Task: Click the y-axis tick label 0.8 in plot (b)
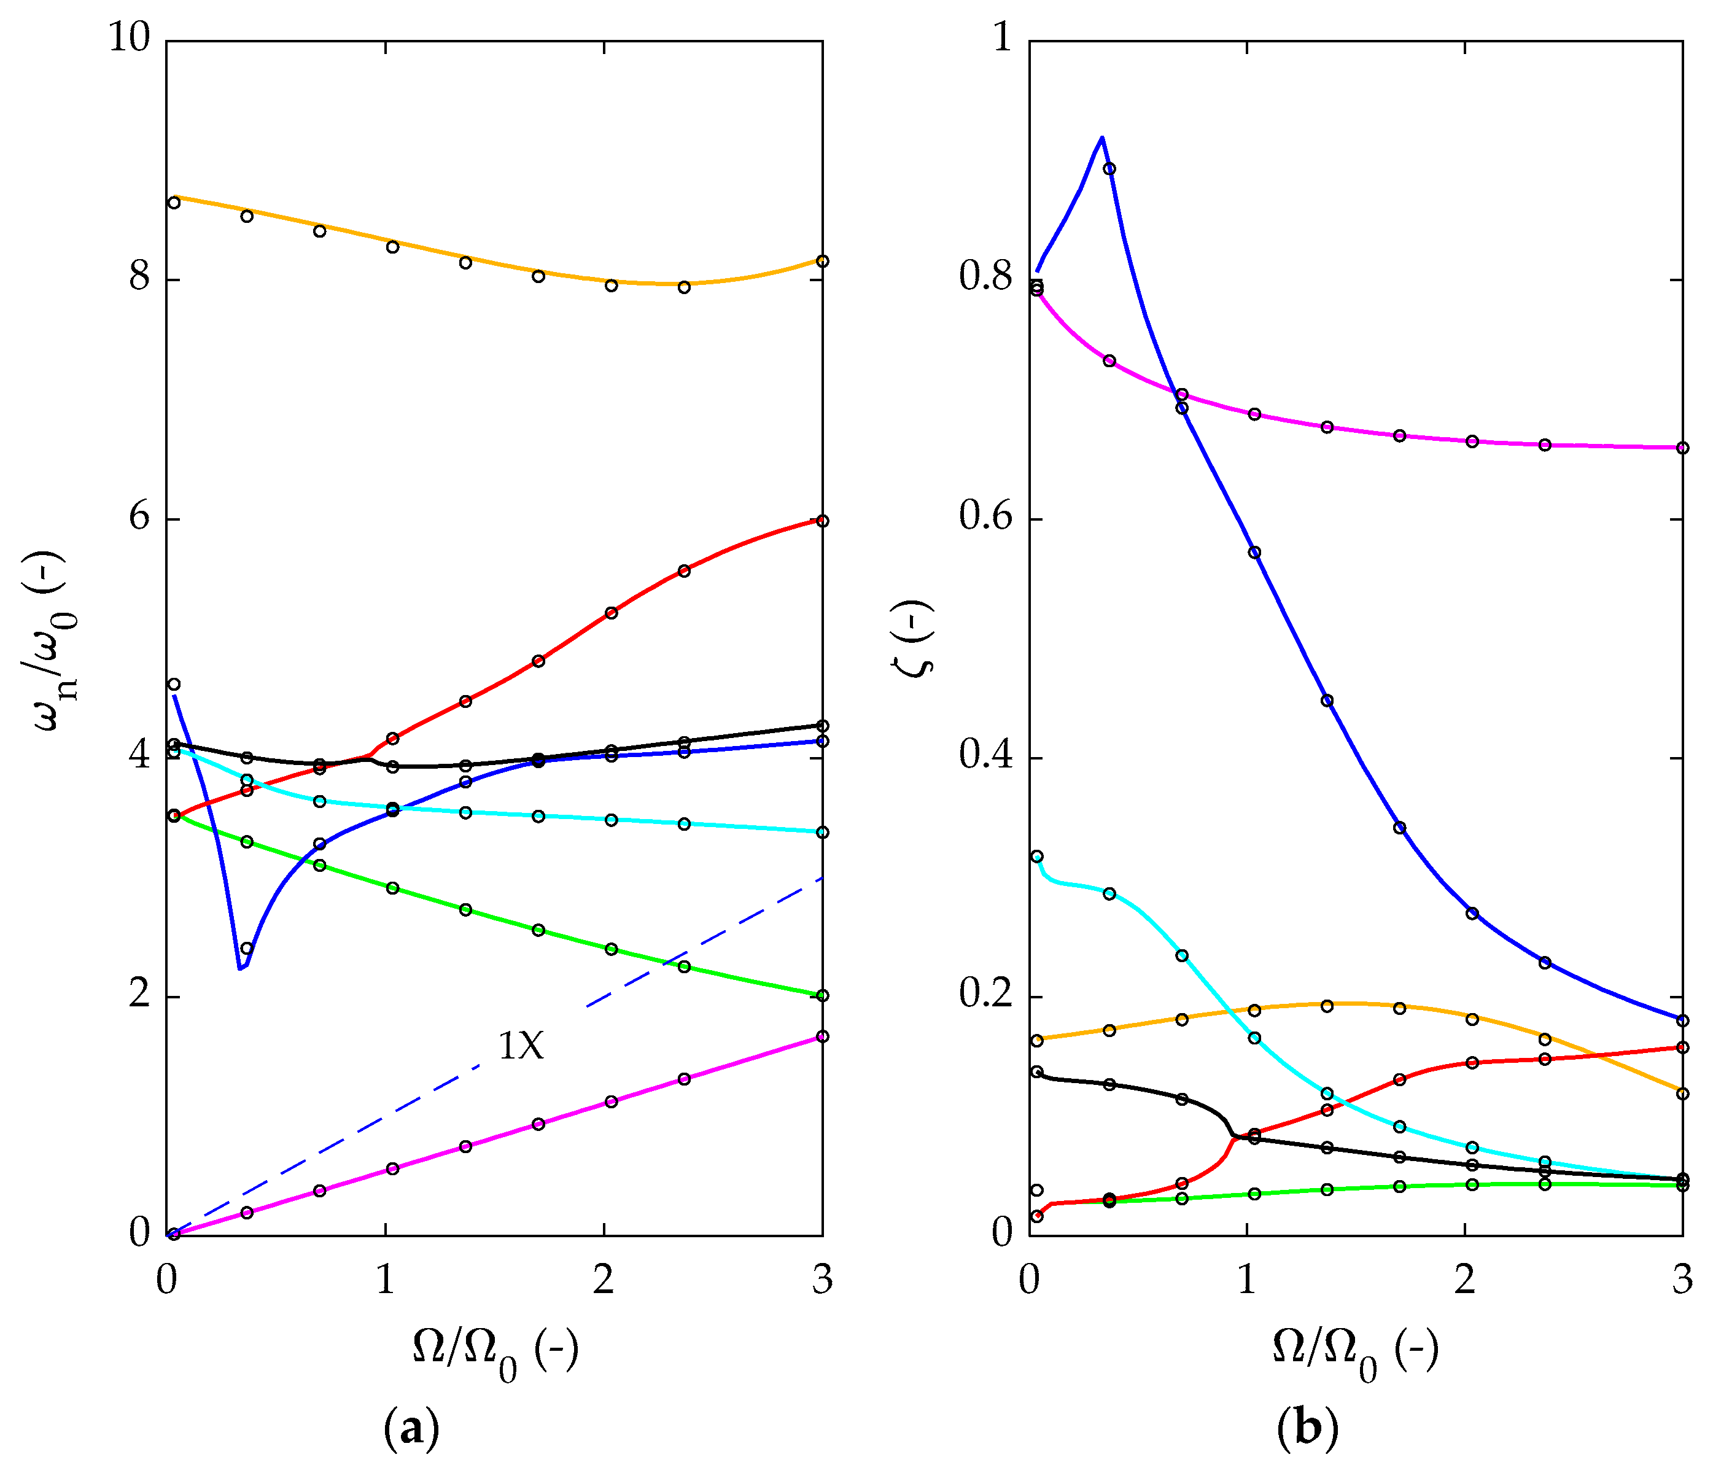(x=985, y=278)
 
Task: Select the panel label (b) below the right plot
(x=1307, y=1428)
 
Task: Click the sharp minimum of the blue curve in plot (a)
(x=239, y=967)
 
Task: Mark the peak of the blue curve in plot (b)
(x=1102, y=138)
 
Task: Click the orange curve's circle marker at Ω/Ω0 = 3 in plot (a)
(x=822, y=261)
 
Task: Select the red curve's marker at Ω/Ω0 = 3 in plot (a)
(x=822, y=521)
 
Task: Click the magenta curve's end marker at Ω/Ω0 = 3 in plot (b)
(x=1682, y=448)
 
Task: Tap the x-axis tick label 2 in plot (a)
(x=604, y=1281)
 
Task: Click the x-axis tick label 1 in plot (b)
(x=1247, y=1281)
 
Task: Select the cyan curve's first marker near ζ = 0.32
(x=1037, y=857)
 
